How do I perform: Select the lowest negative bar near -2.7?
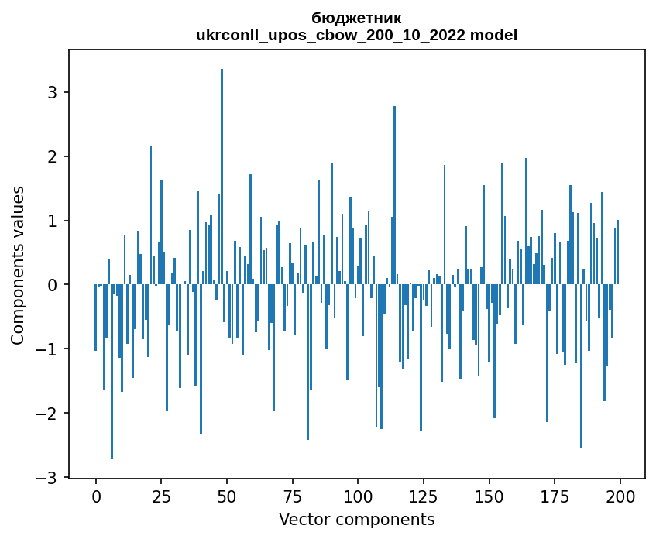tap(112, 372)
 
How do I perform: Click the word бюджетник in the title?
tap(356, 18)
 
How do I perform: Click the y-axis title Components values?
tap(18, 265)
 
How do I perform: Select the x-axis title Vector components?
tap(356, 519)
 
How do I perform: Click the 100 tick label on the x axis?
tap(358, 496)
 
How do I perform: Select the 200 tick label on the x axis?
tap(620, 496)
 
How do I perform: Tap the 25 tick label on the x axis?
tap(161, 496)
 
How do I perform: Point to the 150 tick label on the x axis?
tap(489, 496)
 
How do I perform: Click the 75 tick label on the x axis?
tap(292, 496)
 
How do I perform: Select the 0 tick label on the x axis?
tap(95, 496)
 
